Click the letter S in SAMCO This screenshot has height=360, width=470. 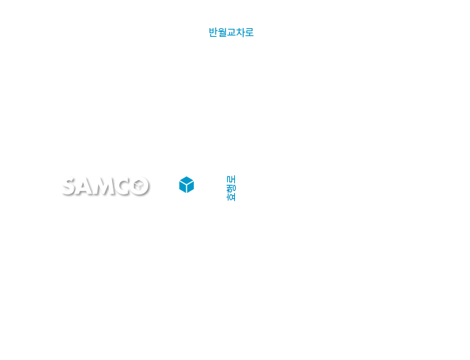[x=69, y=187]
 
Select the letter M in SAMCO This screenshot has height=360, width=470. [x=104, y=187]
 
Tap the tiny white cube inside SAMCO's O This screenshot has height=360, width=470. [x=139, y=185]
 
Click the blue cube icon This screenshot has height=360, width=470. [x=187, y=184]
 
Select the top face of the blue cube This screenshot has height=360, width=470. [x=187, y=181]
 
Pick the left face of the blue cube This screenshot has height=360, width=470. [x=182, y=187]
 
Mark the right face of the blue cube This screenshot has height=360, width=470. [x=190, y=187]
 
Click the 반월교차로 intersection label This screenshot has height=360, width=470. [x=231, y=33]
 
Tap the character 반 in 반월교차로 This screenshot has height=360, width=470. [x=213, y=33]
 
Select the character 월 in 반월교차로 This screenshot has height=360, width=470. [x=222, y=33]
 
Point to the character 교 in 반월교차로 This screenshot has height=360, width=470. [x=231, y=33]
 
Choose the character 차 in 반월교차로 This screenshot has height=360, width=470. [x=240, y=33]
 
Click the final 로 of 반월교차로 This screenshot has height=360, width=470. [x=249, y=33]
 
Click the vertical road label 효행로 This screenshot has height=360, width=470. [x=231, y=188]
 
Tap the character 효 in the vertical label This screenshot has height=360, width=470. [x=231, y=197]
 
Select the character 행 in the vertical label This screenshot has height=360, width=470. [x=231, y=188]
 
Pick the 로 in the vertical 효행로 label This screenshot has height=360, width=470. [x=231, y=179]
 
